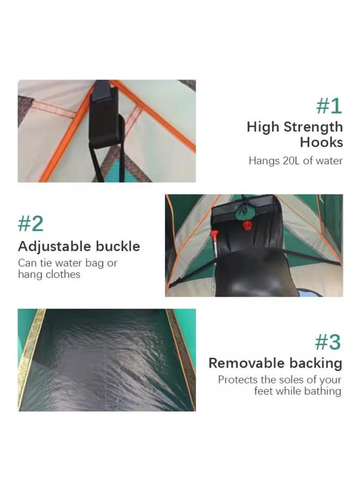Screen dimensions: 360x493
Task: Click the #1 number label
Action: click(329, 106)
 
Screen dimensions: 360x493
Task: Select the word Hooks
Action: click(322, 142)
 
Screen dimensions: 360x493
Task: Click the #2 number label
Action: click(31, 223)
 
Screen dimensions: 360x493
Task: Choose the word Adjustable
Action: click(55, 246)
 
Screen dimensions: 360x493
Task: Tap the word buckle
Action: click(118, 246)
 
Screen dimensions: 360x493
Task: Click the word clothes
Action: click(63, 274)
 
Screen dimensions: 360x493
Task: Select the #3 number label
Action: click(328, 342)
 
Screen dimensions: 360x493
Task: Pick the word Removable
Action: click(247, 363)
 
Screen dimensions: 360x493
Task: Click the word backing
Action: click(315, 364)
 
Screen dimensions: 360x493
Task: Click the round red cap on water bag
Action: click(248, 225)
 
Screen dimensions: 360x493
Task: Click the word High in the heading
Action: click(263, 127)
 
